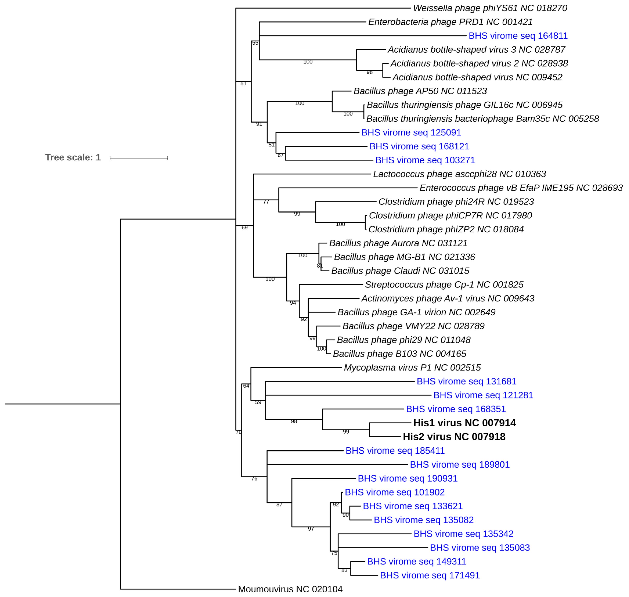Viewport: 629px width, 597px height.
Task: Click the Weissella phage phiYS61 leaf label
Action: point(490,8)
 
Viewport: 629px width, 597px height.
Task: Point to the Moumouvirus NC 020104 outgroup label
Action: point(290,589)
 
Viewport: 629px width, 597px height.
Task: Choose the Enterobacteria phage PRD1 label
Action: point(450,22)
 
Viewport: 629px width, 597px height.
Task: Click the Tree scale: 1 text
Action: point(73,158)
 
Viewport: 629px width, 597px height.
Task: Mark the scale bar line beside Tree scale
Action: point(139,158)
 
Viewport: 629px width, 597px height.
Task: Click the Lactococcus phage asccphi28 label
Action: point(459,174)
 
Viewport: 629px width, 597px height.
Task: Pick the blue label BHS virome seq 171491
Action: point(430,575)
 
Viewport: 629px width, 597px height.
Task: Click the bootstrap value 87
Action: point(279,505)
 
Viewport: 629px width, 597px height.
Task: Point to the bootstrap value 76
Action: point(254,479)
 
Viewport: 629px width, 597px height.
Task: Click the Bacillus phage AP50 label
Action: point(420,91)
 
